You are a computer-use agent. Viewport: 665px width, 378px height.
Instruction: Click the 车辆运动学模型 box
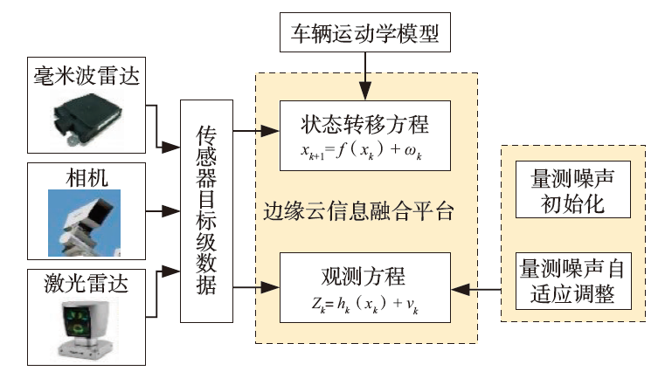[x=368, y=36]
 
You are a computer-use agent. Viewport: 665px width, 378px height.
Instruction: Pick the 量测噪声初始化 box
[x=572, y=191]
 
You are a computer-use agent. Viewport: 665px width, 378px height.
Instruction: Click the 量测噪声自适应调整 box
[x=572, y=278]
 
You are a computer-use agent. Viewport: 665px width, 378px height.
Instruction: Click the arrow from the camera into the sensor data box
[x=162, y=210]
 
